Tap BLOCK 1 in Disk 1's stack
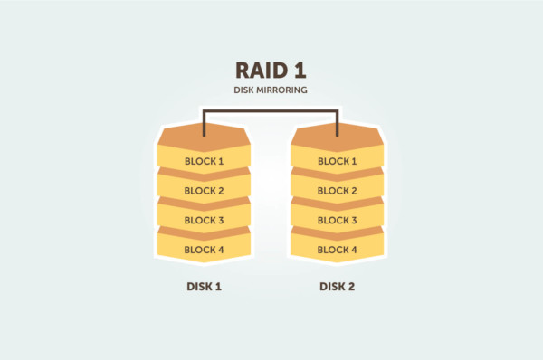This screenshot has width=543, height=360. [x=204, y=162]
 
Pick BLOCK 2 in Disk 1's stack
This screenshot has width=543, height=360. [x=204, y=191]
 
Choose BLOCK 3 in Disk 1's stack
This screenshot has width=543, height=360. [x=204, y=220]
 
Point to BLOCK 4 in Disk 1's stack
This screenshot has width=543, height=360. [x=204, y=250]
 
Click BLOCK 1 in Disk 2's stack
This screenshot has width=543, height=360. [x=338, y=162]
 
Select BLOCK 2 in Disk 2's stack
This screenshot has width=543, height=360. [x=338, y=191]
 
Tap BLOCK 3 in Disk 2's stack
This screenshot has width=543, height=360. [x=338, y=220]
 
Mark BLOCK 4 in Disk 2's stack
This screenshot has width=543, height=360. [x=338, y=250]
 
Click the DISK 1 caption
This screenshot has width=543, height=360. [x=204, y=287]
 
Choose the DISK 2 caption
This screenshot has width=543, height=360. [x=338, y=287]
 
